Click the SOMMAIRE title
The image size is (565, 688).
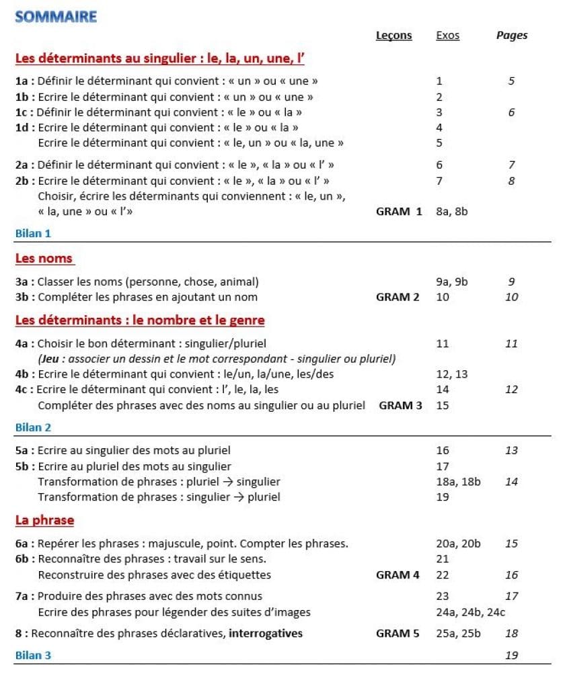click(56, 17)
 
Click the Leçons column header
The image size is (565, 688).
click(393, 36)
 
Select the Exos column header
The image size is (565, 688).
click(448, 36)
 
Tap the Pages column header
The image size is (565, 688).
click(512, 36)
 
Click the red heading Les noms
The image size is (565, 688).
click(44, 258)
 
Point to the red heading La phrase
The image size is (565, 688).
click(44, 520)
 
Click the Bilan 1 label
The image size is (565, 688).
click(33, 234)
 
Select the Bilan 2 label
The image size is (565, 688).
click(33, 427)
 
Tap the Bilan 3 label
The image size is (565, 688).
click(33, 655)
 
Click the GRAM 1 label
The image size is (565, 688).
click(399, 212)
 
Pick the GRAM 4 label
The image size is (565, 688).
click(398, 574)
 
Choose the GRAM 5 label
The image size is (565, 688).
click(398, 633)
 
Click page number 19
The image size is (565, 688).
click(511, 655)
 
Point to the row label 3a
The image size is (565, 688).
click(24, 282)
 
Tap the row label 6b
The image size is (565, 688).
click(24, 559)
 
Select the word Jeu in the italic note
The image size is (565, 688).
click(51, 359)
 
